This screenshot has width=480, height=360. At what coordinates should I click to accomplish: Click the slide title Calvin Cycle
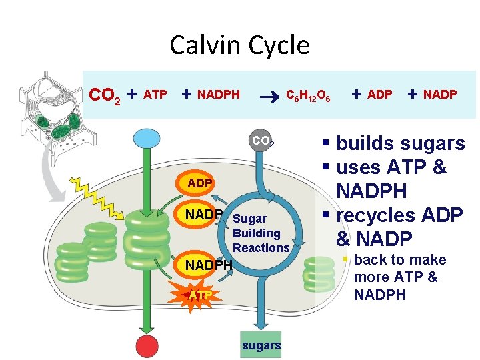pyautogui.click(x=239, y=45)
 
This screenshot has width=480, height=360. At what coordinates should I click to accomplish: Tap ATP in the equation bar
pyautogui.click(x=155, y=95)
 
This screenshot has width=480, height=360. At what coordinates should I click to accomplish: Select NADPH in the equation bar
pyautogui.click(x=219, y=95)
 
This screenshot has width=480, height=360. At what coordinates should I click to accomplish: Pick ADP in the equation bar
pyautogui.click(x=380, y=95)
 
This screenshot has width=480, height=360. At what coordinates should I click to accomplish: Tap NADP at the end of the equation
pyautogui.click(x=440, y=95)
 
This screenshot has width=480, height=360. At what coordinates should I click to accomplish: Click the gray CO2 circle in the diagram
pyautogui.click(x=263, y=142)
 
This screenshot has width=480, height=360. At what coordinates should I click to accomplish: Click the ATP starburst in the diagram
pyautogui.click(x=199, y=295)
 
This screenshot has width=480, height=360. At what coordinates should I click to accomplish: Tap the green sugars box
pyautogui.click(x=261, y=345)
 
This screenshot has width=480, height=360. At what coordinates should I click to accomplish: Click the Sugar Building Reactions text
pyautogui.click(x=261, y=233)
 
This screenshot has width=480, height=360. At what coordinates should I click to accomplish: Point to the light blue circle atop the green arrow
pyautogui.click(x=144, y=139)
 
